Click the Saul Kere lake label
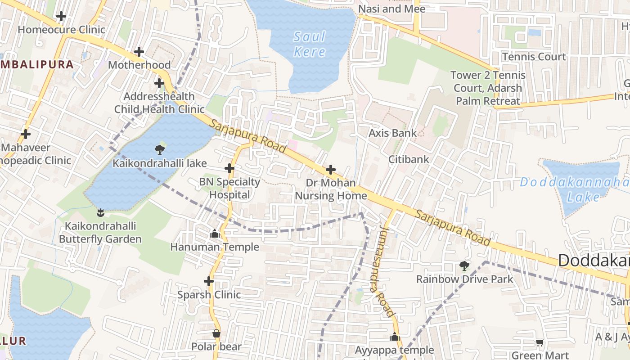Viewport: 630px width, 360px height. coord(310,44)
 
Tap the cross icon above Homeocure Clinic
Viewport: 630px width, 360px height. coord(61,17)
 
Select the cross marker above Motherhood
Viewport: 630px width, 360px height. coord(139,52)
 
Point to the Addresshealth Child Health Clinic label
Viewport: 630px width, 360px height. coord(159,103)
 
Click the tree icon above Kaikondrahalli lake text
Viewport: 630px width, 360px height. coord(159,150)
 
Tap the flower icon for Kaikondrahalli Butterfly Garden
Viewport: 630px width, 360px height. coord(100,212)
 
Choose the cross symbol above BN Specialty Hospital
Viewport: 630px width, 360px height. coord(229,169)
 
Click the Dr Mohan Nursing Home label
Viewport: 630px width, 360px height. coord(331,189)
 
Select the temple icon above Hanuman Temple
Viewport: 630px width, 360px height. coord(215,234)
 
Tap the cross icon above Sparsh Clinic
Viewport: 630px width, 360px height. coord(209,281)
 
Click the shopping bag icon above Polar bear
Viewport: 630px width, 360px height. coord(216,333)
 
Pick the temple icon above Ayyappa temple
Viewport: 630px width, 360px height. coord(395,337)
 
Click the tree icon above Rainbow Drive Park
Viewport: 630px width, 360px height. coord(464,266)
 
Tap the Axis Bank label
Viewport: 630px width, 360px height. coord(392,133)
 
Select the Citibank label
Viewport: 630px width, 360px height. coord(409,159)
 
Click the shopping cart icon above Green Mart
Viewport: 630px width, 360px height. coord(540,343)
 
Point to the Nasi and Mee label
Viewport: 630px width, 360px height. coord(391,9)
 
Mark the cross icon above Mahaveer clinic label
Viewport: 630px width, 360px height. coord(26,134)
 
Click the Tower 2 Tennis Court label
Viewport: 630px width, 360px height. coord(488,88)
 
